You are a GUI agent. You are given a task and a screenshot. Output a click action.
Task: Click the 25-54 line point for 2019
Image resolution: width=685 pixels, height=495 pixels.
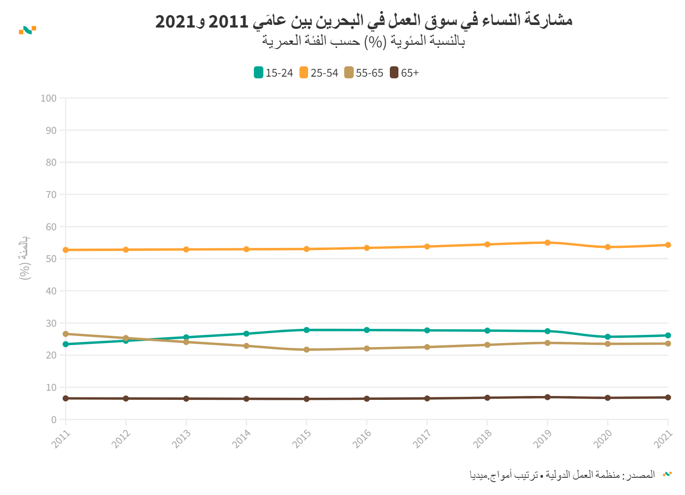pyautogui.click(x=547, y=243)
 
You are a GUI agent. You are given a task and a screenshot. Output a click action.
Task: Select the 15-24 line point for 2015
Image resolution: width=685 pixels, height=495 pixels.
pyautogui.click(x=306, y=330)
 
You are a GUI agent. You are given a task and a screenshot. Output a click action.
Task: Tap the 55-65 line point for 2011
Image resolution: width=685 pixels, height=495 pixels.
pyautogui.click(x=65, y=334)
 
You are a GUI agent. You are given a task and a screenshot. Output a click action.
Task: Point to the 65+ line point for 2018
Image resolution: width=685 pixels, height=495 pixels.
pyautogui.click(x=487, y=398)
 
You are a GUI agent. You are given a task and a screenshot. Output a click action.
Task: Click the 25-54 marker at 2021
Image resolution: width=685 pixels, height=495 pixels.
pyautogui.click(x=668, y=245)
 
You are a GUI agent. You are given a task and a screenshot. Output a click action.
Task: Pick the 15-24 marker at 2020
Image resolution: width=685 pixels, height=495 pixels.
pyautogui.click(x=608, y=337)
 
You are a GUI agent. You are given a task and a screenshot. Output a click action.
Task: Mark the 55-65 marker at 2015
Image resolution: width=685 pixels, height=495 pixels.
pyautogui.click(x=306, y=350)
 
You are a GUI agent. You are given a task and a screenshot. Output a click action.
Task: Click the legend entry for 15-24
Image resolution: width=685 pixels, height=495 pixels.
pyautogui.click(x=274, y=73)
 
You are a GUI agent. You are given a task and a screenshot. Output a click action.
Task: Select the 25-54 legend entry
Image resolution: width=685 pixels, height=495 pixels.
pyautogui.click(x=319, y=73)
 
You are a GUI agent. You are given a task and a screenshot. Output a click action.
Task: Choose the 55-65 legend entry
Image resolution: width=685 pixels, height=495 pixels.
pyautogui.click(x=364, y=73)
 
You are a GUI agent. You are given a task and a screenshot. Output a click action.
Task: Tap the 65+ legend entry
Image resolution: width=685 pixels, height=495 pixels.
pyautogui.click(x=404, y=73)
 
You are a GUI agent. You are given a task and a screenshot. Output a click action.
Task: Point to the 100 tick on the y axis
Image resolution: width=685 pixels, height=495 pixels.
pyautogui.click(x=49, y=98)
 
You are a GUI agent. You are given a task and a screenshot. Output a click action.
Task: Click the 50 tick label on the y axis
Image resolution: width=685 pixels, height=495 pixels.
pyautogui.click(x=51, y=259)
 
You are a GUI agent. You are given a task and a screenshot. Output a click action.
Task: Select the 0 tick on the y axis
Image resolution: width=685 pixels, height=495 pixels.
pyautogui.click(x=54, y=420)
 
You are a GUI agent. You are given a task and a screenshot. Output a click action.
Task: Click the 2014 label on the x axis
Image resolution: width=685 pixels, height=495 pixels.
pyautogui.click(x=241, y=439)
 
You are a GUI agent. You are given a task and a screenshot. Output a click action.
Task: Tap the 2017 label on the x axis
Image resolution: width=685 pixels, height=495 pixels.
pyautogui.click(x=422, y=439)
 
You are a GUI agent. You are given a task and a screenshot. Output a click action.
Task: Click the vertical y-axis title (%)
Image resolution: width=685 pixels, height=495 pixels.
pyautogui.click(x=25, y=258)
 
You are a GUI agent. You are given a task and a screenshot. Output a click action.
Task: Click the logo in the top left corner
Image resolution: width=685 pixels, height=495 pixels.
pyautogui.click(x=28, y=30)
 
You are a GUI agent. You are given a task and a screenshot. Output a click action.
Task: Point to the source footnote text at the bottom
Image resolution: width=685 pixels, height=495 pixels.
pyautogui.click(x=562, y=475)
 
